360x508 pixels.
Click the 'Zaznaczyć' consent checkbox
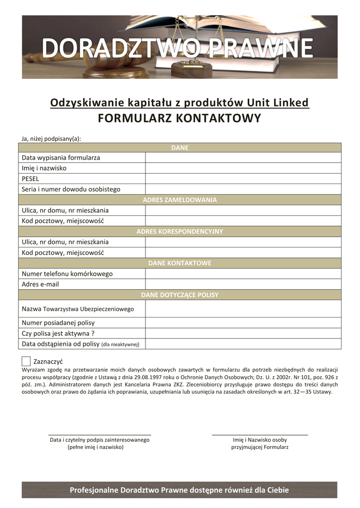pyautogui.click(x=26, y=361)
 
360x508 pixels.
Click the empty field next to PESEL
pyautogui.click(x=243, y=179)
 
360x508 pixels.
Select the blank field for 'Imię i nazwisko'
pyautogui.click(x=243, y=168)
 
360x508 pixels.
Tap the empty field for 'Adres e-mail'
pyautogui.click(x=243, y=284)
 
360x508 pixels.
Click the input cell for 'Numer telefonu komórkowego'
pyautogui.click(x=243, y=274)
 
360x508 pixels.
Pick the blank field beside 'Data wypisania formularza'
pyautogui.click(x=243, y=158)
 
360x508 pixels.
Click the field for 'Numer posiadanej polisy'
pyautogui.click(x=243, y=322)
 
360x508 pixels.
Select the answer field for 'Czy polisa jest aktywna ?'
pyautogui.click(x=243, y=333)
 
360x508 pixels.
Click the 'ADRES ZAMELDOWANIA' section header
pyautogui.click(x=180, y=200)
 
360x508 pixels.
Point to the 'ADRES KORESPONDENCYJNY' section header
pyautogui.click(x=180, y=232)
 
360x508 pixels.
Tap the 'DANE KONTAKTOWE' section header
pyautogui.click(x=180, y=263)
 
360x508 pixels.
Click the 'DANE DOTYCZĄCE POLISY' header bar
pyautogui.click(x=180, y=295)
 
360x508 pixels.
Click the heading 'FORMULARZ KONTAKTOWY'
pyautogui.click(x=179, y=118)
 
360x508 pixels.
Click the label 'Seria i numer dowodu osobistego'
pyautogui.click(x=71, y=189)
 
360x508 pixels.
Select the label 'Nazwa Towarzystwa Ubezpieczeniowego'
pyautogui.click(x=78, y=309)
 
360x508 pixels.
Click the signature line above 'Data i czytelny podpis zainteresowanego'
pyautogui.click(x=99, y=435)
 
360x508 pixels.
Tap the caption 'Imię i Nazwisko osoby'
pyautogui.click(x=260, y=440)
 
